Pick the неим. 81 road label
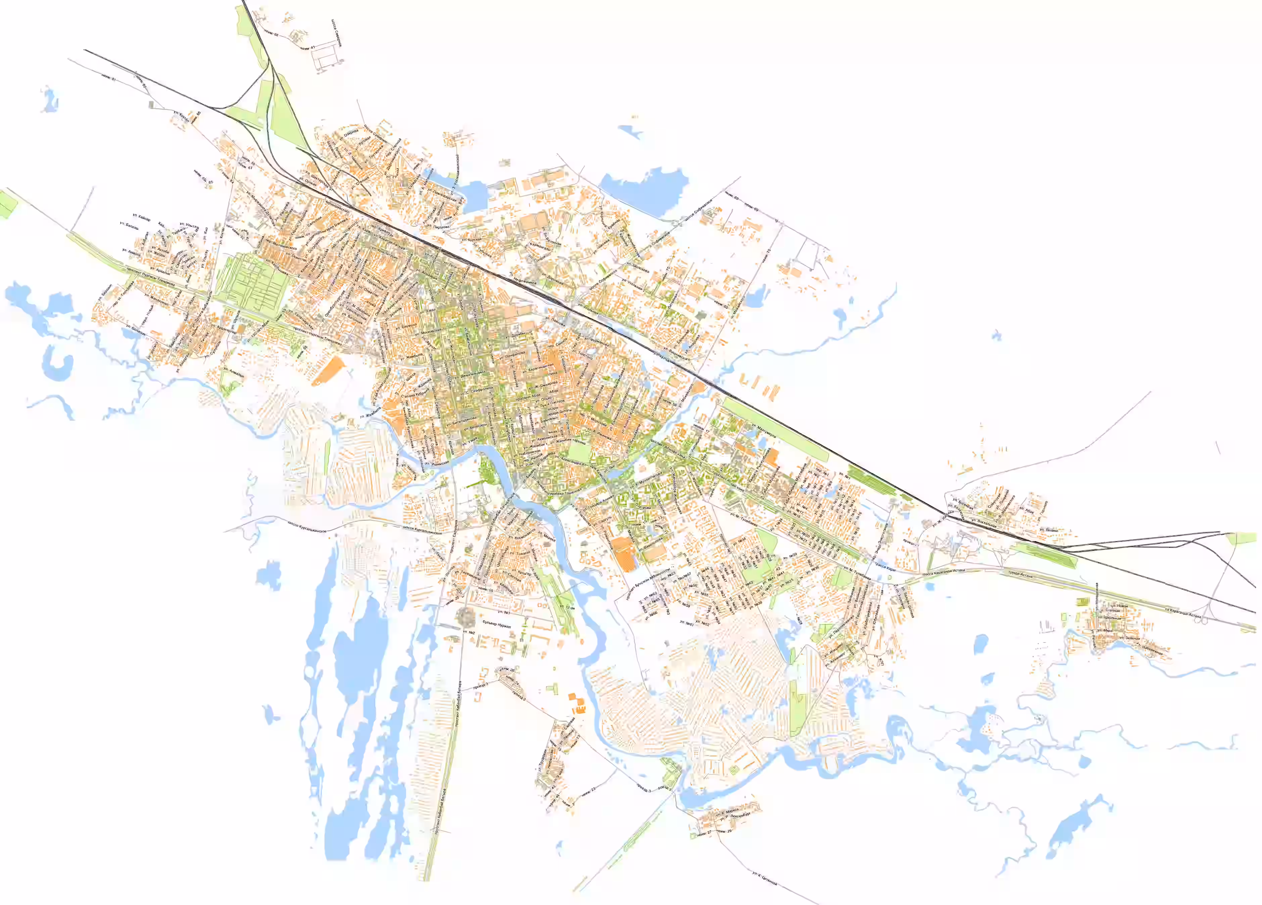point(110,78)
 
